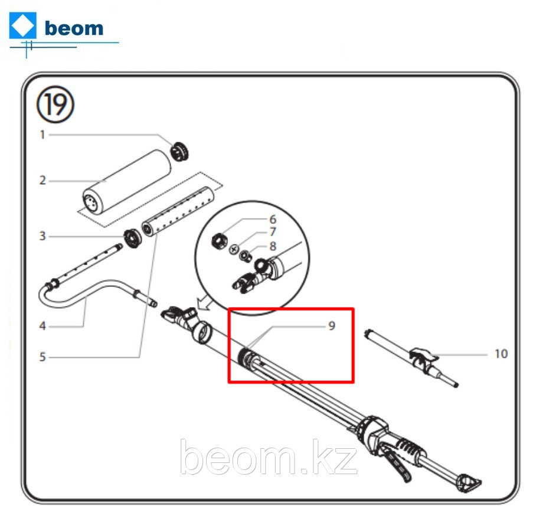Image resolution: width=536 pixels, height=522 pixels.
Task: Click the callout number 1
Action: coord(43,135)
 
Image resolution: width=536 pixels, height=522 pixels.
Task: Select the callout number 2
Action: coord(43,180)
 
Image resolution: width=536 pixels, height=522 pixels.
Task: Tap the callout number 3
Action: coord(43,236)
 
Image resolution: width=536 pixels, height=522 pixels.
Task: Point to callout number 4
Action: coord(43,326)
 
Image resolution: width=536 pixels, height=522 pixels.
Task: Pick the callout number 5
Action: coord(43,357)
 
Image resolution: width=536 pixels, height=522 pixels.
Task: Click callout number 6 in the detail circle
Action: coord(273,219)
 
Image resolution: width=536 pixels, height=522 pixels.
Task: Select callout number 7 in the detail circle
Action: coord(273,232)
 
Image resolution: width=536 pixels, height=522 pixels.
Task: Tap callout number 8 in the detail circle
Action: coord(273,246)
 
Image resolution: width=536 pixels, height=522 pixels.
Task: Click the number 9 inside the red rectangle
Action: coord(332,326)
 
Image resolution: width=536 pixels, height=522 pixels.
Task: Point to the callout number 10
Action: coord(501,354)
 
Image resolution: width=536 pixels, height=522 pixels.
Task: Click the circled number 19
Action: coord(55,105)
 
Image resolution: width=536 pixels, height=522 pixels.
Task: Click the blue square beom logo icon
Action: coord(22,25)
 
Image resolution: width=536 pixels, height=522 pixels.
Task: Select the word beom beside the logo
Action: coord(74,28)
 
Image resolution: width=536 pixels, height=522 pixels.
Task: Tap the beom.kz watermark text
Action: coord(269,456)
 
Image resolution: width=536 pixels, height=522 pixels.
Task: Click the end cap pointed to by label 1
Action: coord(180,151)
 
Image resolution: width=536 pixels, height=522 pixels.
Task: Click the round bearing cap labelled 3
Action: coord(132,239)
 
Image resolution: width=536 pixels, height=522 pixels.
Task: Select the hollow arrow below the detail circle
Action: coord(204,303)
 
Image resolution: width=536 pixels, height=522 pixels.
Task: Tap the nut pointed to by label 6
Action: coord(218,241)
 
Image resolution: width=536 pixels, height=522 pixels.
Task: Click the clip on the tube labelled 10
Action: coord(423,358)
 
